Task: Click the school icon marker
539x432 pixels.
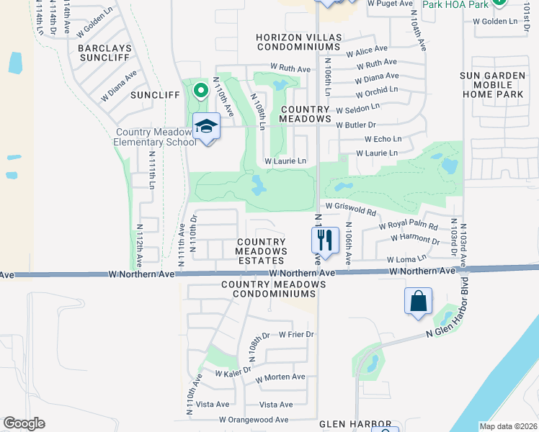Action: click(x=207, y=126)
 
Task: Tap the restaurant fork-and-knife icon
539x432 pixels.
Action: click(x=325, y=240)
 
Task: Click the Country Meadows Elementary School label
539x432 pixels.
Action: click(x=156, y=137)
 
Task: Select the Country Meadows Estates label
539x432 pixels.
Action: click(x=261, y=251)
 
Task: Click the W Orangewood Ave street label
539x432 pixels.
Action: click(x=254, y=420)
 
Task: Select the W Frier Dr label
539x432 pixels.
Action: click(x=295, y=335)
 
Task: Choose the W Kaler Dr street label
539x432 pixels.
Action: click(x=233, y=372)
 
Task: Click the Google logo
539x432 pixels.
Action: click(x=24, y=423)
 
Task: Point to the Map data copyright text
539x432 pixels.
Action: click(x=508, y=426)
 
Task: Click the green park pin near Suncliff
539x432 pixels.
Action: click(x=201, y=91)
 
